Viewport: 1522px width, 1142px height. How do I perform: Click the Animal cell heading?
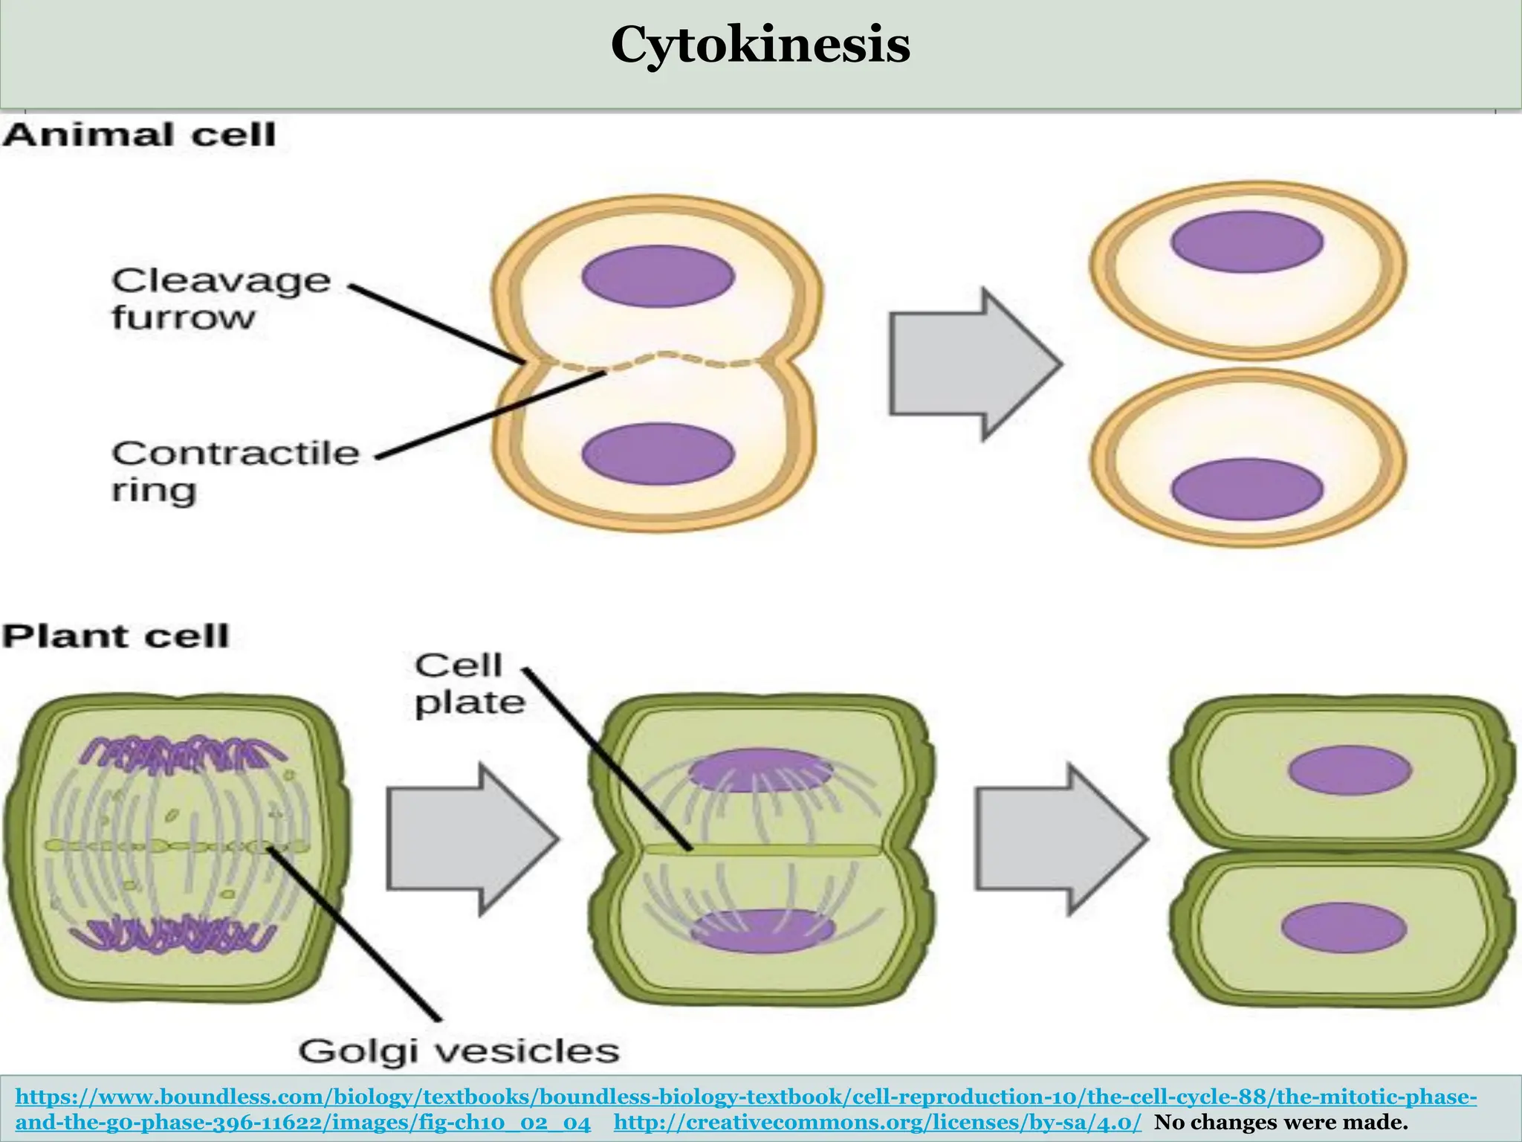[139, 136]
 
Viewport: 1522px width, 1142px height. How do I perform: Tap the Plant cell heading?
[116, 637]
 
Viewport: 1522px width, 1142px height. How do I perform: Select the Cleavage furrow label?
[221, 299]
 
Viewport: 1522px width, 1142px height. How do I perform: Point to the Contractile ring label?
[235, 471]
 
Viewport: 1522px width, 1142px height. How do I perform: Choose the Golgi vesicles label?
[459, 1051]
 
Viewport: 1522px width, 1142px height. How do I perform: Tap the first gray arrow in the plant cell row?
[471, 839]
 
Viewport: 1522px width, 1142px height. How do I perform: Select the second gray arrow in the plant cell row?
[1060, 839]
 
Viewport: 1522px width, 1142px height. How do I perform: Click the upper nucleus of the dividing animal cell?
[658, 277]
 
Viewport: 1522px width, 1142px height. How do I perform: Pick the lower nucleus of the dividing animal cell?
[658, 453]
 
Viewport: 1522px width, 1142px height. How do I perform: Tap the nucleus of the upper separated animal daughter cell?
[1246, 242]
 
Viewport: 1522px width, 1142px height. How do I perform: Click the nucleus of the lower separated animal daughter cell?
[1246, 488]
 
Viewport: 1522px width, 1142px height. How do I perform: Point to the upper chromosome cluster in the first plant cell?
[181, 752]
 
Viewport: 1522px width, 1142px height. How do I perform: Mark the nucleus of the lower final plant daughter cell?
[1344, 927]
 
